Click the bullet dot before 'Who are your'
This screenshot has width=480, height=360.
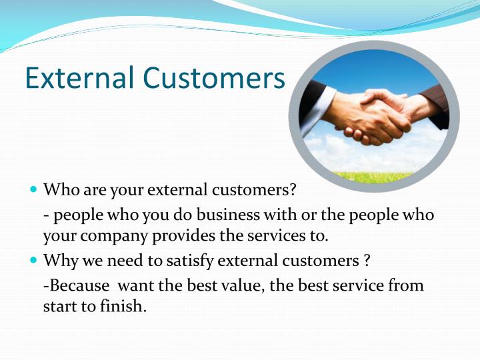point(34,190)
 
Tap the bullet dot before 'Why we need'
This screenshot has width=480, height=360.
point(34,260)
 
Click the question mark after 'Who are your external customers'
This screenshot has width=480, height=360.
point(292,189)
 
